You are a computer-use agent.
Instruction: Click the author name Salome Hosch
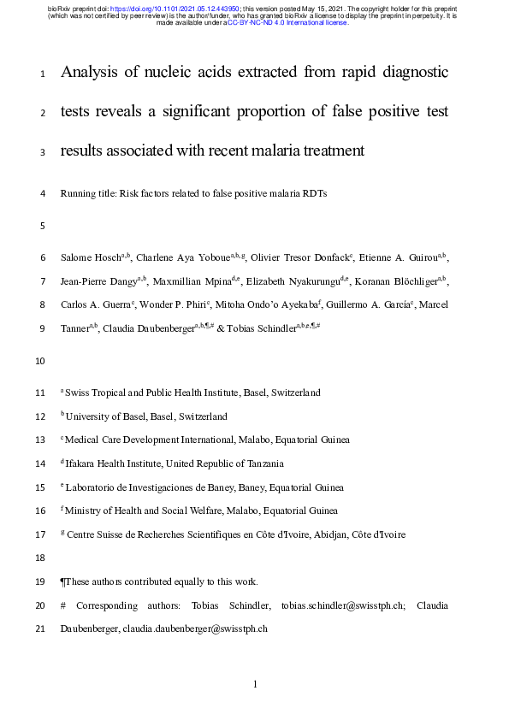coord(89,257)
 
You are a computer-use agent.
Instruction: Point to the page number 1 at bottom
coord(254,684)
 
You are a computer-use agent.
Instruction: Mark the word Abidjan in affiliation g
coord(317,534)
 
